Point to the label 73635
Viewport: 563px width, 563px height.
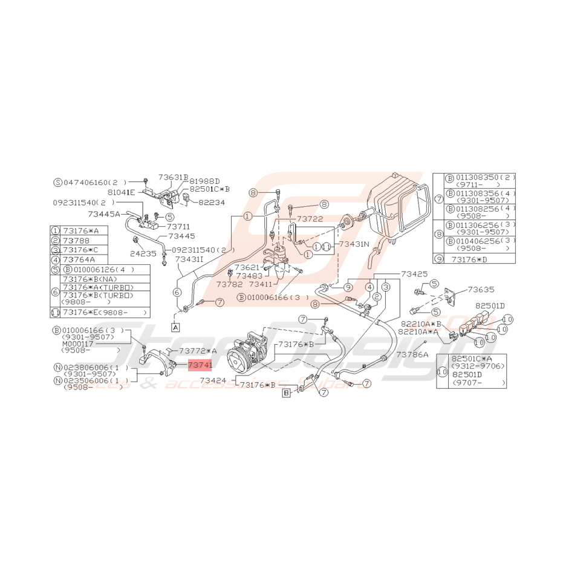[x=481, y=290]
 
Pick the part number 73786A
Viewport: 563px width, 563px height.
[x=412, y=355]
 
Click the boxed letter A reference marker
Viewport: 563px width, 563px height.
[x=175, y=327]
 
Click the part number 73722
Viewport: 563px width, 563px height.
[x=310, y=218]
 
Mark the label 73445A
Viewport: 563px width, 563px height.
[x=104, y=213]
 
